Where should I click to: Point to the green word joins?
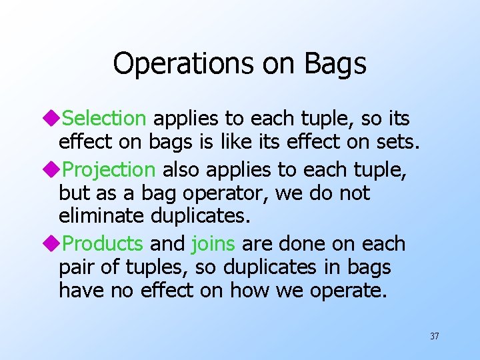coord(213,244)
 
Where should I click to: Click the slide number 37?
coord(434,336)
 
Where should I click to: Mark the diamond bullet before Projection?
coord(55,170)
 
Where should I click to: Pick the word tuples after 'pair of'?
coord(146,268)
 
